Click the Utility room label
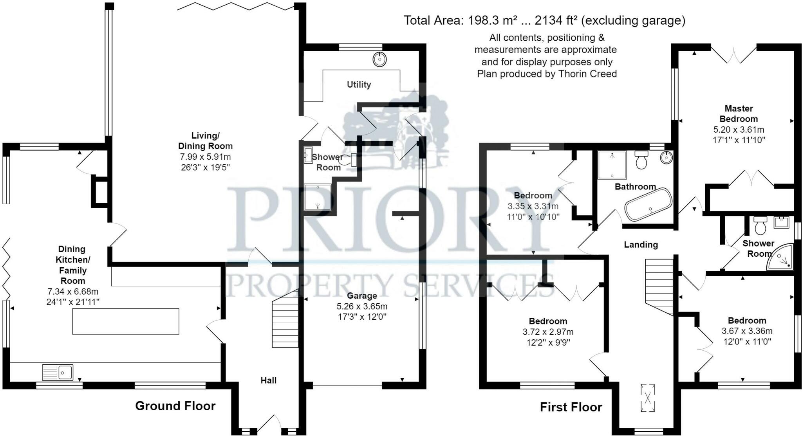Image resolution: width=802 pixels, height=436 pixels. click(359, 85)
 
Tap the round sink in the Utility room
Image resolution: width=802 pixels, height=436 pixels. click(379, 59)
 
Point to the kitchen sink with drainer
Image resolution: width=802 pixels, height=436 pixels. click(58, 372)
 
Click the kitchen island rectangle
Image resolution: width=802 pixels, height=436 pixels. click(126, 321)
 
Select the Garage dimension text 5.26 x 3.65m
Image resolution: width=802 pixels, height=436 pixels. click(362, 306)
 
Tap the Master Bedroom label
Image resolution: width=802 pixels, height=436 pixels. click(739, 114)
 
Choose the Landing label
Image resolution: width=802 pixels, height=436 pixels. click(641, 245)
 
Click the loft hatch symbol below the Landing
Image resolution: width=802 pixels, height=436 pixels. click(648, 398)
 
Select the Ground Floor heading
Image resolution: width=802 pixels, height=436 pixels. click(175, 406)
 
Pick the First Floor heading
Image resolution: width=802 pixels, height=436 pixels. click(571, 407)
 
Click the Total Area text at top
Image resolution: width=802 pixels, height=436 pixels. click(544, 20)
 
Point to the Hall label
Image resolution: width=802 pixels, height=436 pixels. click(269, 380)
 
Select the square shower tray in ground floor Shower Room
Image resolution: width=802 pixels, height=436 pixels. click(318, 197)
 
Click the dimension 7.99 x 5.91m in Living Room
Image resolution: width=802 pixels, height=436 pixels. click(205, 157)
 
